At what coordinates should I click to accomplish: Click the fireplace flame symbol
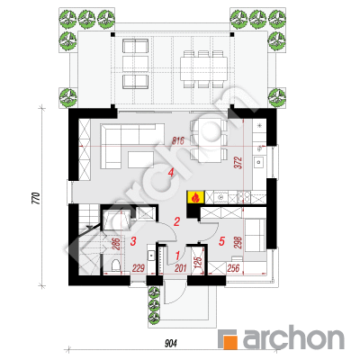pyautogui.click(x=195, y=197)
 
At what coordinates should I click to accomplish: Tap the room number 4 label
pyautogui.click(x=171, y=173)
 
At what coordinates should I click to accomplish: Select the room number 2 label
pyautogui.click(x=176, y=221)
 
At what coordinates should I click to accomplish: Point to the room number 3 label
pyautogui.click(x=133, y=241)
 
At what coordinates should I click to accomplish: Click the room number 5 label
pyautogui.click(x=222, y=241)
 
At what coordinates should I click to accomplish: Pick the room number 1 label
pyautogui.click(x=177, y=256)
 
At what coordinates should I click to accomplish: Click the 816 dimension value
pyautogui.click(x=178, y=141)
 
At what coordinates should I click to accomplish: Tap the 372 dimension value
pyautogui.click(x=239, y=163)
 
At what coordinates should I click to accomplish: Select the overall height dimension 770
pyautogui.click(x=36, y=198)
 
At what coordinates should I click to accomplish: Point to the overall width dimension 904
pyautogui.click(x=171, y=343)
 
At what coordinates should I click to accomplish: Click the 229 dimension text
pyautogui.click(x=139, y=268)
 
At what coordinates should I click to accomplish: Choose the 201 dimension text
pyautogui.click(x=180, y=268)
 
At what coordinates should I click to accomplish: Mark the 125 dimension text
pyautogui.click(x=197, y=263)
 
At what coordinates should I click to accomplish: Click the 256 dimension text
pyautogui.click(x=233, y=268)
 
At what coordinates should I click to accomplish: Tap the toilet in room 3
pyautogui.click(x=115, y=265)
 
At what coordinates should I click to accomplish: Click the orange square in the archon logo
pyautogui.click(x=230, y=342)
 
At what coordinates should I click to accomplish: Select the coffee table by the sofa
pyautogui.click(x=141, y=159)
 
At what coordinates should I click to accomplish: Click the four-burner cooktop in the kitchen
pyautogui.click(x=243, y=197)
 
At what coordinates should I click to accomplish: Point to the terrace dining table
pyautogui.click(x=203, y=68)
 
